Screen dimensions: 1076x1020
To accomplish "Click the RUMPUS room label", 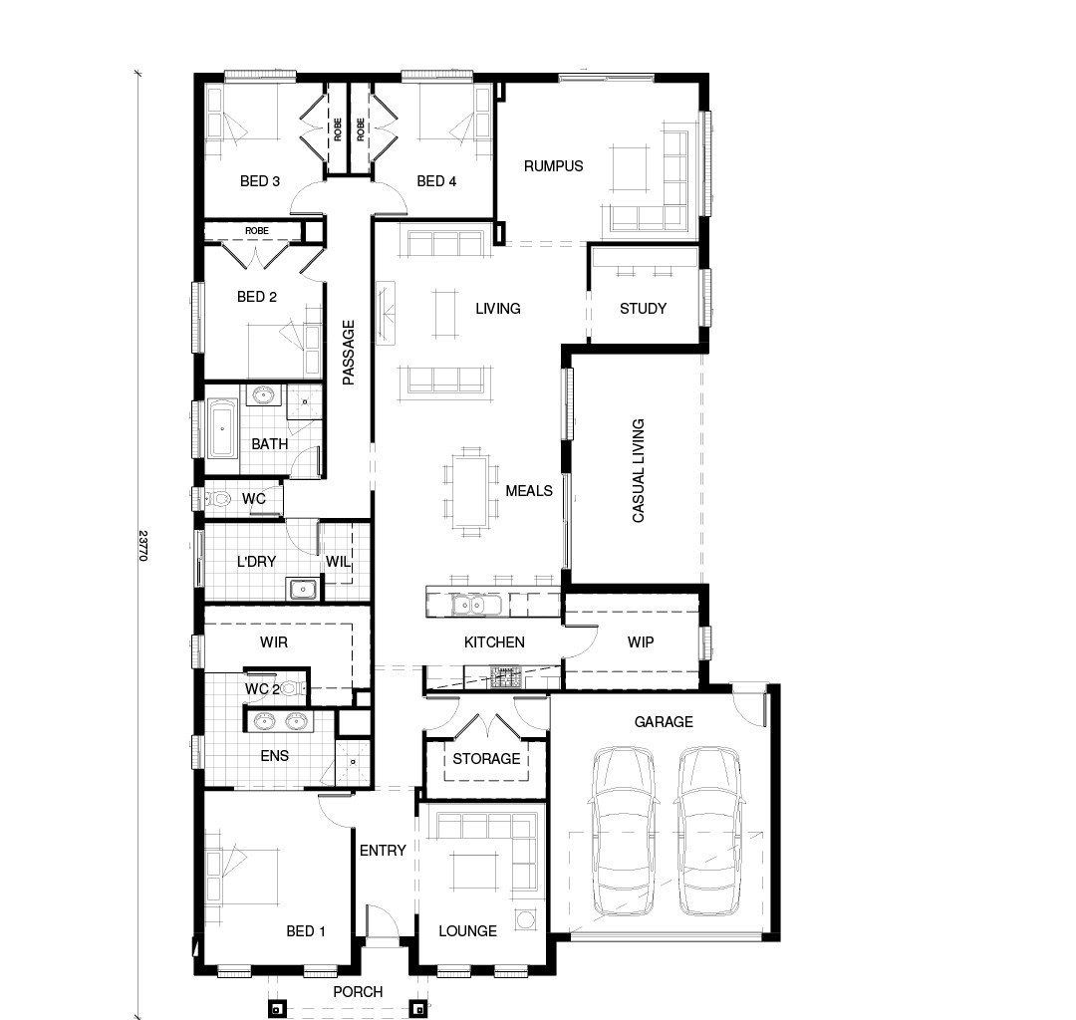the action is [553, 166].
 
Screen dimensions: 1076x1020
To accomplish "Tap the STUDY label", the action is [643, 309].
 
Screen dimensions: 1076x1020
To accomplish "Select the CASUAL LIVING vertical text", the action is [639, 470].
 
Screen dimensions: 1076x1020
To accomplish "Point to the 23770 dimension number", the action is [142, 545].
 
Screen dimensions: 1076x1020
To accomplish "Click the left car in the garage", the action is [623, 831].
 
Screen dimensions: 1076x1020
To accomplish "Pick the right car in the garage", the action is [709, 831].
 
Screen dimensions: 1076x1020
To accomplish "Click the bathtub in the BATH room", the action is [222, 429].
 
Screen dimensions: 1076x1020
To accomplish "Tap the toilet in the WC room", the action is [217, 499].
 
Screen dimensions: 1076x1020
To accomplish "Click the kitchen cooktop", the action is [505, 676].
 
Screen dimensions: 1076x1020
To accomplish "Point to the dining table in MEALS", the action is [469, 489].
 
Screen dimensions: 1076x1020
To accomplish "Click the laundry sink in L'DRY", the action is [302, 590].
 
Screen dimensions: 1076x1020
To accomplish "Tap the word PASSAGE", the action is [349, 353].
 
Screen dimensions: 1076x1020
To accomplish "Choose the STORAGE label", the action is [486, 759].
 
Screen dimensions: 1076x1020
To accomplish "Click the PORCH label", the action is [359, 992].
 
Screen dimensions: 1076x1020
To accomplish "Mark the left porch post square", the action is [275, 1009].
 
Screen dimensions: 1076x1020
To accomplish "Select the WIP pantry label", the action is [641, 642].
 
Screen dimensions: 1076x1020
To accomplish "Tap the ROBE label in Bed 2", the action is [257, 231].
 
